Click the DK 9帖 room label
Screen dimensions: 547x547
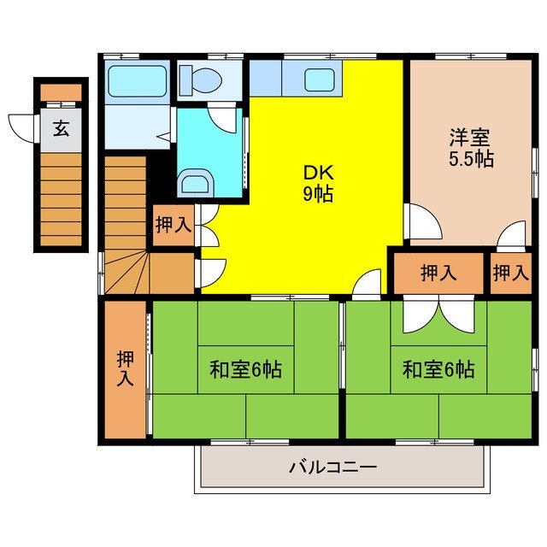tap(317, 182)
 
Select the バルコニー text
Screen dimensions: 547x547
tap(332, 468)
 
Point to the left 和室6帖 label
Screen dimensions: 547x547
tap(246, 370)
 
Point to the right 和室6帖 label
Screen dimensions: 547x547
tap(438, 370)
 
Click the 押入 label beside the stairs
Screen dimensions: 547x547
tap(174, 226)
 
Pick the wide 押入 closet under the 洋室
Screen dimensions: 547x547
tap(438, 273)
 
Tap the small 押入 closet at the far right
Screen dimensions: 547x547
tap(510, 273)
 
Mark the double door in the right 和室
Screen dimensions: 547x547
tap(438, 314)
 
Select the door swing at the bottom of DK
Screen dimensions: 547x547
tap(367, 282)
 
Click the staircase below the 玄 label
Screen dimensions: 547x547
tap(61, 197)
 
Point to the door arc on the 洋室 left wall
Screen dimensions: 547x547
tap(422, 221)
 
